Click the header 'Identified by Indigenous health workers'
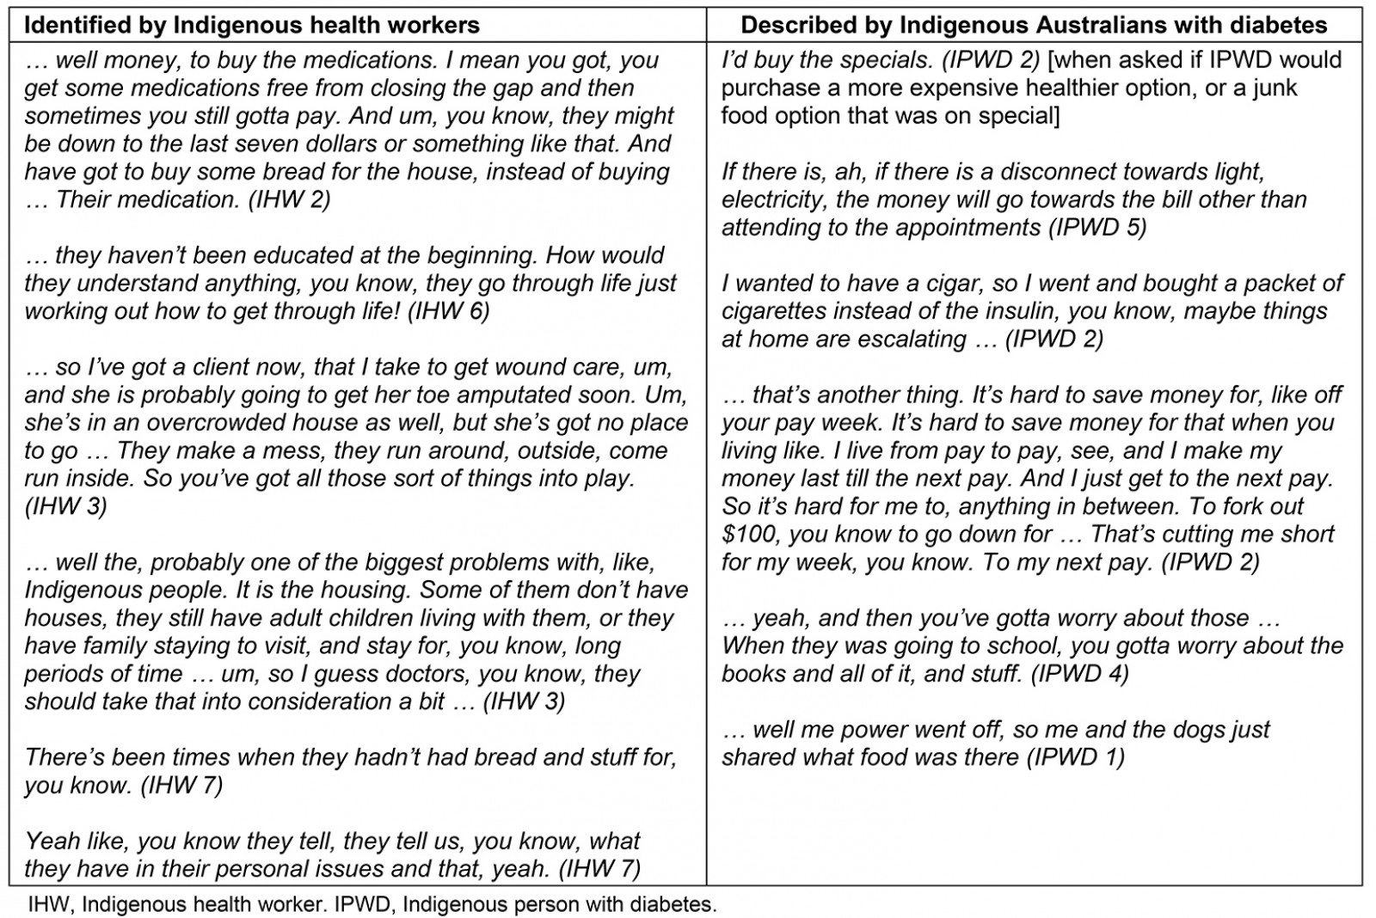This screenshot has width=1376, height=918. click(x=251, y=25)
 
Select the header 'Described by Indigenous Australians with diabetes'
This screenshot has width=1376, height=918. click(x=1034, y=25)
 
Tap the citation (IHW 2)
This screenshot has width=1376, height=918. click(x=289, y=199)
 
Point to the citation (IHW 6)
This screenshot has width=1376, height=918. click(x=448, y=311)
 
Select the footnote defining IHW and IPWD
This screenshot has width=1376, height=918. click(x=372, y=904)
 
